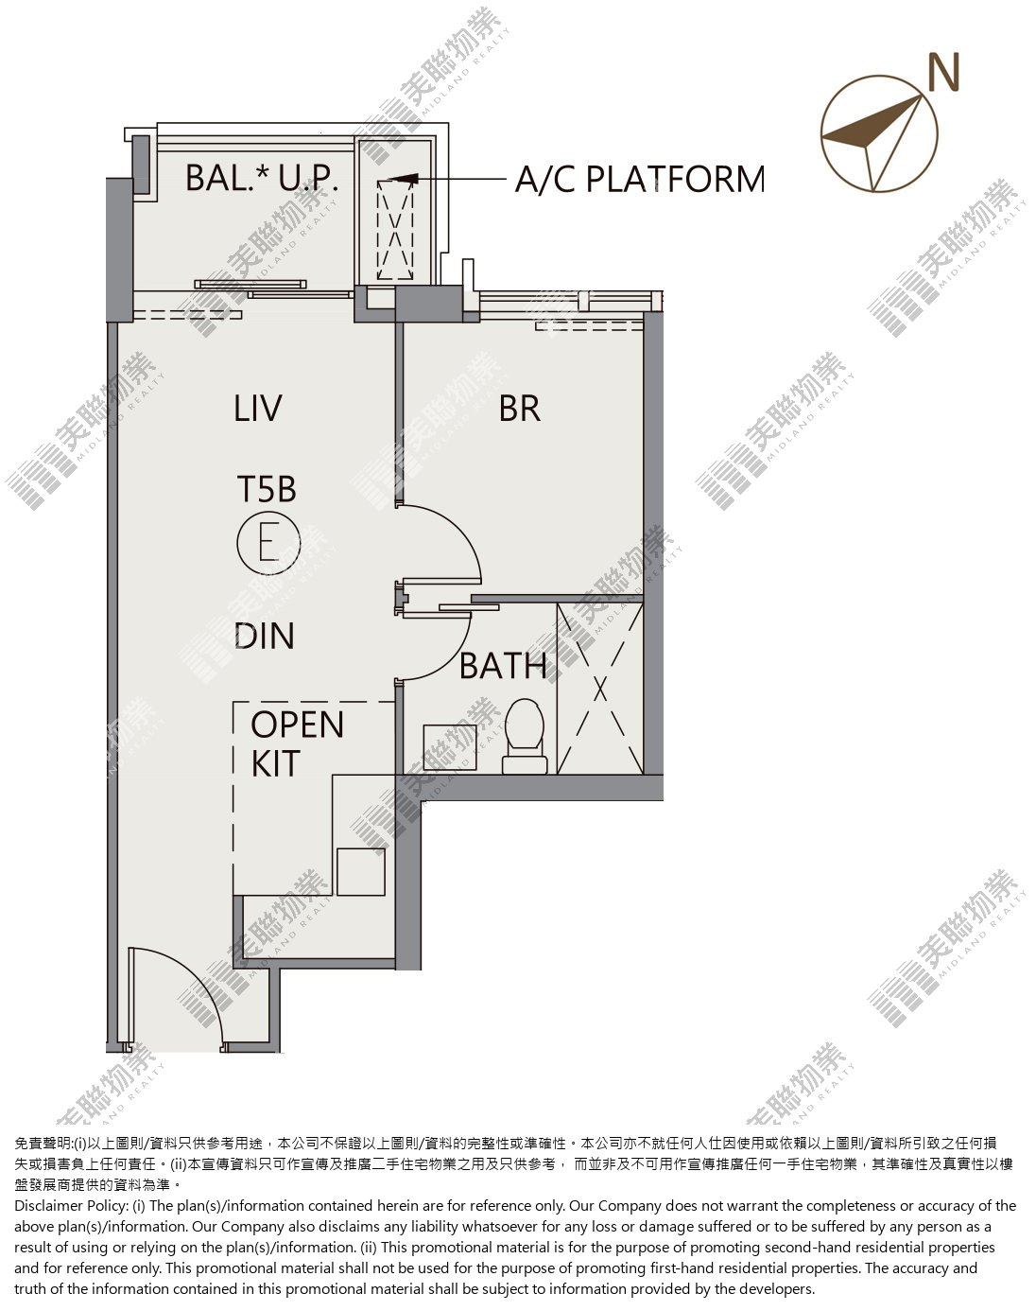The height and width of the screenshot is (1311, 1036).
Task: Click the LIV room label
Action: (x=258, y=409)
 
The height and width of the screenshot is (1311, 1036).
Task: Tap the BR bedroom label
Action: (x=519, y=409)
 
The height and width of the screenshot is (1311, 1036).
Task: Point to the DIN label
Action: (x=265, y=636)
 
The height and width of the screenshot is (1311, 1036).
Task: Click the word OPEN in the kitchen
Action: (x=298, y=725)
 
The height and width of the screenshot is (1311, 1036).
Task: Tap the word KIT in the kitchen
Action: (x=276, y=763)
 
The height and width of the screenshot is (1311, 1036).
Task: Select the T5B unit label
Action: (x=266, y=489)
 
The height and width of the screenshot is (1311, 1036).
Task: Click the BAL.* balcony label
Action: (x=227, y=178)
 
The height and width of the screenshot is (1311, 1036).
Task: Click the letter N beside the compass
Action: (x=944, y=71)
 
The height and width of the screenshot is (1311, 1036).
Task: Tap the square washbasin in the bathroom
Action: (x=450, y=747)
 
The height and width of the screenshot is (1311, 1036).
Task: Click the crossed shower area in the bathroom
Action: (x=600, y=689)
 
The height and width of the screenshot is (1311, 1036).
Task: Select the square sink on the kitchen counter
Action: (x=361, y=872)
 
